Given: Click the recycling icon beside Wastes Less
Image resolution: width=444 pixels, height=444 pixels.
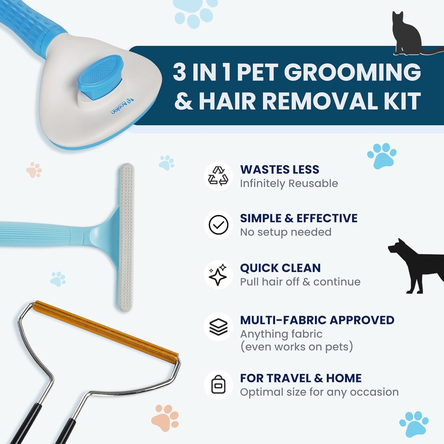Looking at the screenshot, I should tap(218, 176).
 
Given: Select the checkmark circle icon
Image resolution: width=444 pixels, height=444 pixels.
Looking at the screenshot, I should tap(218, 225).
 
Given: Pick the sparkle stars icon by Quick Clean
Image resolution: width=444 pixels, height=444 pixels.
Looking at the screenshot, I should tap(218, 275).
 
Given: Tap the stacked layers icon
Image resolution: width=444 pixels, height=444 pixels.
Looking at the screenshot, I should tap(218, 327).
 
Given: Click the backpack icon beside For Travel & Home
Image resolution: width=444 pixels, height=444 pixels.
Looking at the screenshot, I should tap(218, 385).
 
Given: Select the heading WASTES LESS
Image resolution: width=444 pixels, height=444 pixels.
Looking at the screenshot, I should tap(280, 170).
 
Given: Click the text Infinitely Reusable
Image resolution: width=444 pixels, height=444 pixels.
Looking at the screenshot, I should tap(289, 184).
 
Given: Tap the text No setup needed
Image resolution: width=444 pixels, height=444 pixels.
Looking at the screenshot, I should tap(286, 232).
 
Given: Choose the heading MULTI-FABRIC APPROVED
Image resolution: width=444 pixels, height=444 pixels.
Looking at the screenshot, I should tap(317, 320).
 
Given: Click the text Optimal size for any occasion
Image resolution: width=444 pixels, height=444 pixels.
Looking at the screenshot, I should tap(319, 392).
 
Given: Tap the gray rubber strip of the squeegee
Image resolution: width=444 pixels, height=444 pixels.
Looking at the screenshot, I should tap(127, 237).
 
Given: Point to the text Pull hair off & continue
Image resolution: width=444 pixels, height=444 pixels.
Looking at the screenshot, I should tap(300, 282).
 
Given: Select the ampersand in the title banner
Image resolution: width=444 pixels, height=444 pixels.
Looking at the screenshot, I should tap(184, 101).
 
